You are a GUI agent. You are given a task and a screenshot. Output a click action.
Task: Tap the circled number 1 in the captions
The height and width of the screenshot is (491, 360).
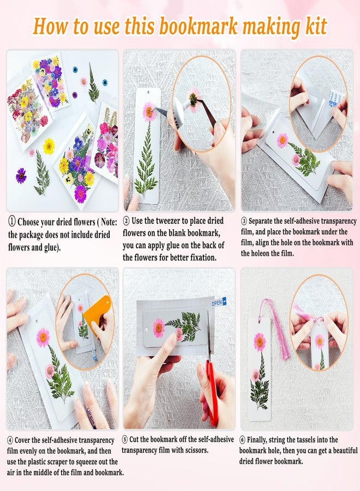tap(11, 221)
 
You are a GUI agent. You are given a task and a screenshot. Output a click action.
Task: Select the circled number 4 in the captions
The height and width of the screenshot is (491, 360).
tap(10, 440)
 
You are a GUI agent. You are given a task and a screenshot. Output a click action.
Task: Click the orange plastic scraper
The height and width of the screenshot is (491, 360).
tap(101, 314)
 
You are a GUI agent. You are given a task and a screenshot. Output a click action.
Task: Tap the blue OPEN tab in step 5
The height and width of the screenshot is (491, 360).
tap(219, 302)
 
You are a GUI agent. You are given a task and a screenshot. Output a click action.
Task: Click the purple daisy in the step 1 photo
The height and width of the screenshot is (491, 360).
tap(21, 175)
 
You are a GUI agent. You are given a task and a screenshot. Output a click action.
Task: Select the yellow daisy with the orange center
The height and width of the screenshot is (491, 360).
tap(49, 146)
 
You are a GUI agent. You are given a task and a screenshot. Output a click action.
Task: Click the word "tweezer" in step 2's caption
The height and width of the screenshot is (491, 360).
tap(165, 221)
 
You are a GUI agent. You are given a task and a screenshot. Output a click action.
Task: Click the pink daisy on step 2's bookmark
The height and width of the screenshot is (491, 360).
tap(149, 112)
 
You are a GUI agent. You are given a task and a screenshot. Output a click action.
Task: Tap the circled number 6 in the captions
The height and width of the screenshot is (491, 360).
tap(243, 440)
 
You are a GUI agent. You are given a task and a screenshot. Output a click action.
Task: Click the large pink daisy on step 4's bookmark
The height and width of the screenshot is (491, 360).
tap(43, 337)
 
